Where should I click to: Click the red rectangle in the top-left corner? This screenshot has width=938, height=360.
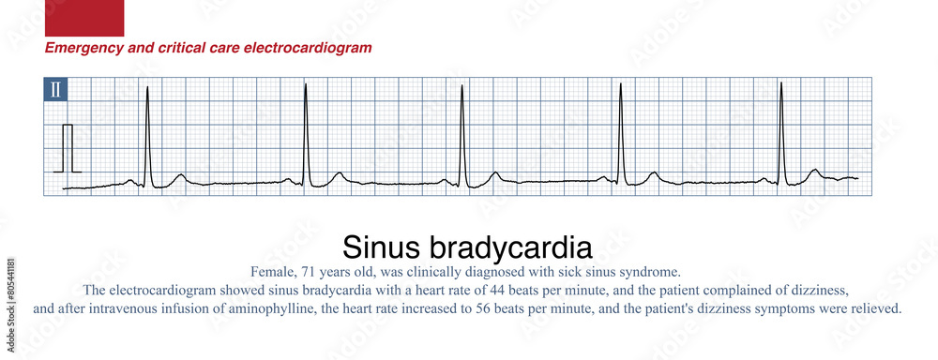pos(84,18)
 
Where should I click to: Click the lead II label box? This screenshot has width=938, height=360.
pos(55,90)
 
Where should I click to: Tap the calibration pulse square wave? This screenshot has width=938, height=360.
pos(68,147)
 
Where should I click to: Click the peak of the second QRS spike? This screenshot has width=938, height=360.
pos(306,84)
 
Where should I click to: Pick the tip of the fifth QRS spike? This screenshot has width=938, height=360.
pos(781,83)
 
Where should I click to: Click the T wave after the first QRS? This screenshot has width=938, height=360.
pos(179,175)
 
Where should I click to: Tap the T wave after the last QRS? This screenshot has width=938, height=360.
pos(815,171)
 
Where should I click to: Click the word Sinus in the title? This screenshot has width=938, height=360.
pos(383,247)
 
